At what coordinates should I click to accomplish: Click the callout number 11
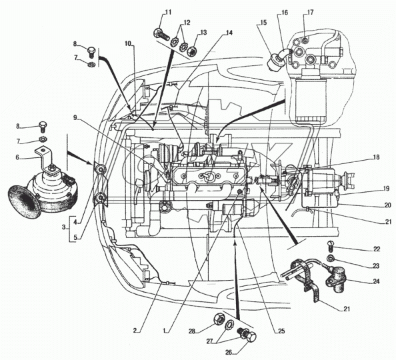point(168,12)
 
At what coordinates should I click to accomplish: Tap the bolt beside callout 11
point(161,35)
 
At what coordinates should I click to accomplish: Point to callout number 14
point(229,33)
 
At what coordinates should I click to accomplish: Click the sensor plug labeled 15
point(275,61)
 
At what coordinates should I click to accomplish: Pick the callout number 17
point(311,12)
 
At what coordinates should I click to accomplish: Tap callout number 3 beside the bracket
point(63,227)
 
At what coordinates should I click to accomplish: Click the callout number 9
point(75,117)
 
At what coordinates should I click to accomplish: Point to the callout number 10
point(128,43)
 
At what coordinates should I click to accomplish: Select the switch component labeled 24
point(335,279)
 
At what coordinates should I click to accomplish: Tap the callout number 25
point(281,331)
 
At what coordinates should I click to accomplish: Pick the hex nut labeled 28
point(218,319)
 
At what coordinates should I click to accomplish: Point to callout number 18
point(376,157)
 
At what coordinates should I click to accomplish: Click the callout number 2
point(135,330)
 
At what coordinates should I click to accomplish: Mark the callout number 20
point(387,205)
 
